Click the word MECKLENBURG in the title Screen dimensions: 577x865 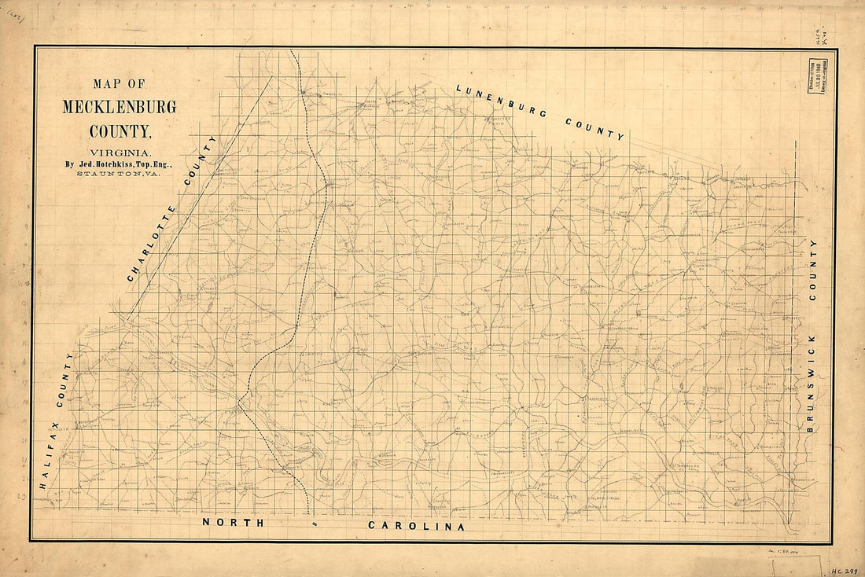120,107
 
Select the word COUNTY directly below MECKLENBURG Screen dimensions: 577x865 120,130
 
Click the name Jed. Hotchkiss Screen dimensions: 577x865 100,164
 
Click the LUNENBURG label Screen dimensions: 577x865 500,100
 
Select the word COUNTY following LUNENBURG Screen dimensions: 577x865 594,127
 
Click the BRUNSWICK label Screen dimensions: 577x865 813,382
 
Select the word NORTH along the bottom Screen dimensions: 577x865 228,522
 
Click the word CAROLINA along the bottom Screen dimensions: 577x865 416,526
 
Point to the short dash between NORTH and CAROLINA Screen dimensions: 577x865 314,523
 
